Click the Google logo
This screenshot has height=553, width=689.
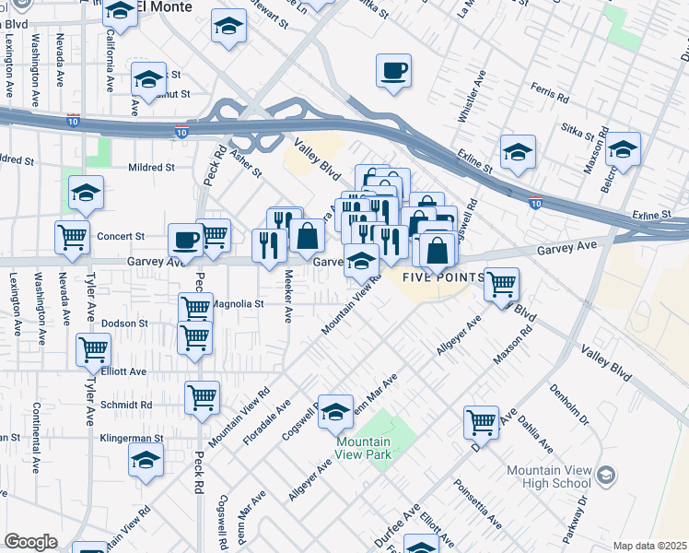[30, 542]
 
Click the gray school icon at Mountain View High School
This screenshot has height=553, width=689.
[605, 475]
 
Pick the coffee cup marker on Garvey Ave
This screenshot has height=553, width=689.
[184, 240]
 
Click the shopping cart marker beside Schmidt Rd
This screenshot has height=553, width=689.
[202, 398]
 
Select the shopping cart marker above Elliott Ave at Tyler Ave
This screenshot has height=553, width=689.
[93, 350]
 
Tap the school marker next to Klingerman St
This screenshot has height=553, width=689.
[146, 460]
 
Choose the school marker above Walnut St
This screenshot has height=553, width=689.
[148, 80]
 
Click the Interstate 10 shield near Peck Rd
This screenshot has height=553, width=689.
[182, 133]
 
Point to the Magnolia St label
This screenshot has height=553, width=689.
[239, 303]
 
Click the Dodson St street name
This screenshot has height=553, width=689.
[124, 324]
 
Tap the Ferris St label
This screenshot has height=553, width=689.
[553, 90]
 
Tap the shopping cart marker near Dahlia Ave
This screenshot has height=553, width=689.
[481, 421]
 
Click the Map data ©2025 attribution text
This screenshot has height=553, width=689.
[649, 546]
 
